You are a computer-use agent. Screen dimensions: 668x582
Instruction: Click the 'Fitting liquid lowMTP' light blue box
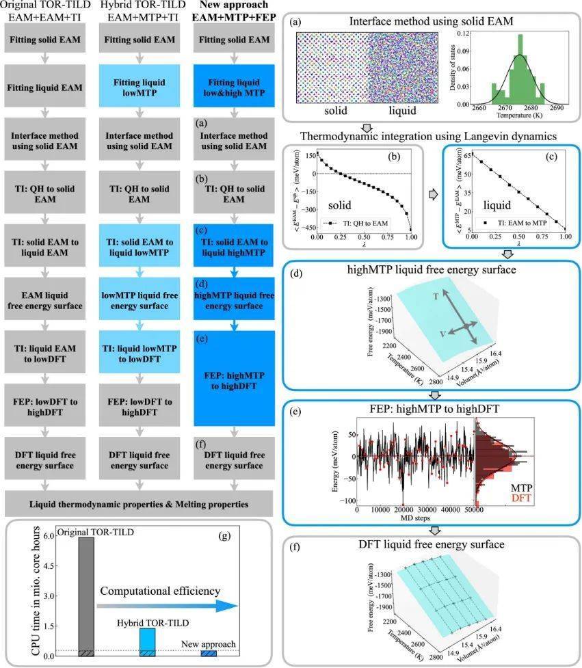(x=140, y=88)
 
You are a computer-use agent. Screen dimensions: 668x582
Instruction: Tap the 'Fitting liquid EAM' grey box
(x=46, y=88)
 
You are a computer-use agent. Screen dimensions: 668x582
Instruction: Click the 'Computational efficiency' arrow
(x=168, y=605)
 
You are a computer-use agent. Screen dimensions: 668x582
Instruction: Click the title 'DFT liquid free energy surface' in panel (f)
(x=433, y=545)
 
